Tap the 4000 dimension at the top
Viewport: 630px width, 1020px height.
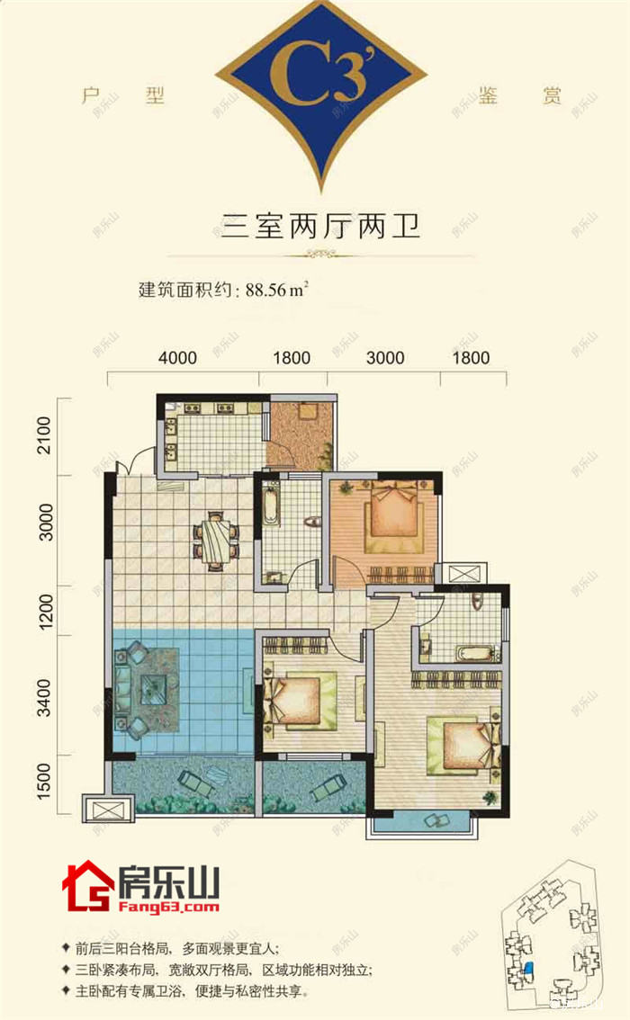click(x=177, y=358)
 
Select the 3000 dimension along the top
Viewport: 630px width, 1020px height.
click(x=384, y=358)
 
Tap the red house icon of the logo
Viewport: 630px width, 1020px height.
click(x=85, y=886)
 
